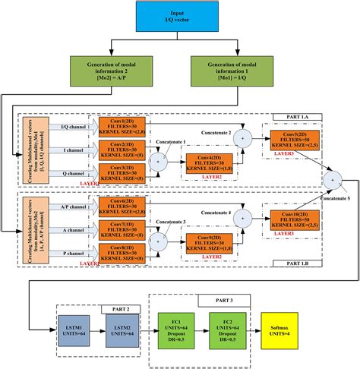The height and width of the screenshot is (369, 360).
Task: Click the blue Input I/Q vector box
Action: click(x=179, y=17)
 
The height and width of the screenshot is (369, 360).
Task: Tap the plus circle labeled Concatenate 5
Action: click(x=332, y=180)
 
